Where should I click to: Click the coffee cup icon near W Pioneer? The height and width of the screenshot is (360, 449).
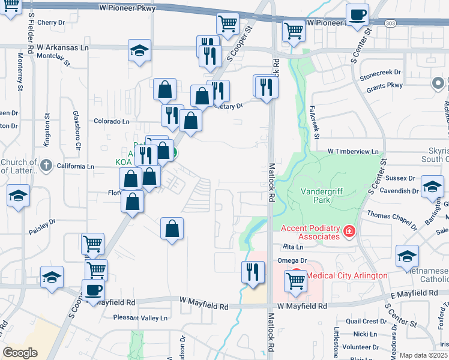357,14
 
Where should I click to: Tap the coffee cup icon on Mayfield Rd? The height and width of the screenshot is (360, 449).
93,290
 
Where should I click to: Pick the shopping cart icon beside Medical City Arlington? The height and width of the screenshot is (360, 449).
295,280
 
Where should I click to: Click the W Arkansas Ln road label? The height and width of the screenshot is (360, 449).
62,47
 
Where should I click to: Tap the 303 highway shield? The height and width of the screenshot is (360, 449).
391,22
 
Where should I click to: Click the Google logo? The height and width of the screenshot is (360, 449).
20,353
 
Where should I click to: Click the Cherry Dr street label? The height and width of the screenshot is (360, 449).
50,23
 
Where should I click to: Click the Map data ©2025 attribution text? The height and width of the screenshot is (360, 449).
423,355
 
